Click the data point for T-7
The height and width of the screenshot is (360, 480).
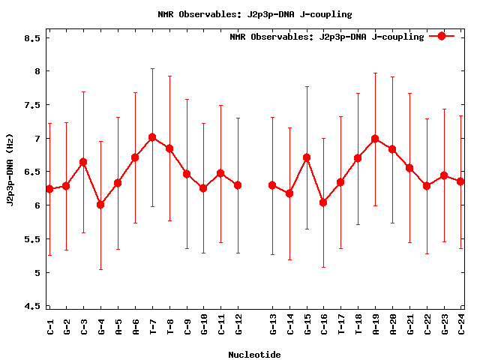pos(152,137)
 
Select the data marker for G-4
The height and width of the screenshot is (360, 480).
pos(100,205)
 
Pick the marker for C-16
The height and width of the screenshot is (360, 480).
pos(323,202)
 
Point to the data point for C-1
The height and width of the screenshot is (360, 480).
pos(49,189)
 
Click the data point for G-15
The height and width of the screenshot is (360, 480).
pos(307,157)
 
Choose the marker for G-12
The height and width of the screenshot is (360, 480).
pos(238,185)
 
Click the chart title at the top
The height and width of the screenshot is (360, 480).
pos(254,14)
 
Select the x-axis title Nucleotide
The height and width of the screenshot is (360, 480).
pos(254,354)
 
